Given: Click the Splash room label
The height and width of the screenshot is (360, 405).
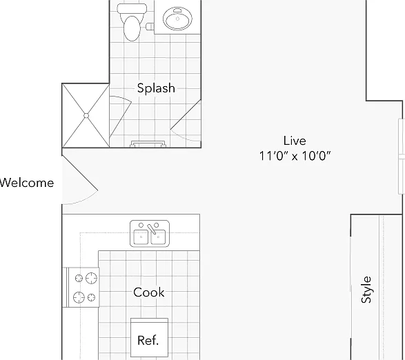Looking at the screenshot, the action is tap(156, 88).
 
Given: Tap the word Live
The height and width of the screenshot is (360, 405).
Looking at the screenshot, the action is tap(295, 141).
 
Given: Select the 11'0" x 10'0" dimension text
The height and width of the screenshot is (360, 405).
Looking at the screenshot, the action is tap(295, 156).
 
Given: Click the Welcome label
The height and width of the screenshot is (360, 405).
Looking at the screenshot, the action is tap(27, 183).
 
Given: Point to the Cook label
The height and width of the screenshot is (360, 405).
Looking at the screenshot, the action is tap(149, 292).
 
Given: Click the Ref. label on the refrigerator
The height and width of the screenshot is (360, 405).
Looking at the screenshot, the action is tap(148, 341).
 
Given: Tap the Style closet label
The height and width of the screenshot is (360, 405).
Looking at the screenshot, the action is tap(366, 290).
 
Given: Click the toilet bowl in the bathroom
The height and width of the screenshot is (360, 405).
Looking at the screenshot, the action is tap(132, 28).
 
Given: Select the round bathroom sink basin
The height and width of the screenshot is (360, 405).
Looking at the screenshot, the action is tap(177, 19).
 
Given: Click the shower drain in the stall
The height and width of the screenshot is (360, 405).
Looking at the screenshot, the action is tap(86, 116).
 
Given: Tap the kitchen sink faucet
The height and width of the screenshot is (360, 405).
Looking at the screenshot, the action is tap(151, 229).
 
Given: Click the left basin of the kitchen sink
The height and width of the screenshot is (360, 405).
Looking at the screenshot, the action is tap(141, 237).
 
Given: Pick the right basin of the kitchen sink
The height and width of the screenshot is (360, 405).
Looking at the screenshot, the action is tap(158, 237).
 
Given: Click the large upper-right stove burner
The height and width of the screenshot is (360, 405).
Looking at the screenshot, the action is tap(92, 279).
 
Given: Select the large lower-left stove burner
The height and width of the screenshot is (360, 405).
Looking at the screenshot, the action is tap(79, 297).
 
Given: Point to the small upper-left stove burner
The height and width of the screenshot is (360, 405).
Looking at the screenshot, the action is tap(79, 278).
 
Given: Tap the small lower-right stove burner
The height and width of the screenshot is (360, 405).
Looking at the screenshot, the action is tap(91, 297).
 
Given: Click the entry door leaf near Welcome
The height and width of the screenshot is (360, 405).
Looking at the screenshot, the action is tap(80, 173).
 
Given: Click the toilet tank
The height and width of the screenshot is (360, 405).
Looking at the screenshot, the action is tap(132, 9).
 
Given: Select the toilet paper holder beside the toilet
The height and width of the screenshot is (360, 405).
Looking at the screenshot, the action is tap(150, 26).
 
